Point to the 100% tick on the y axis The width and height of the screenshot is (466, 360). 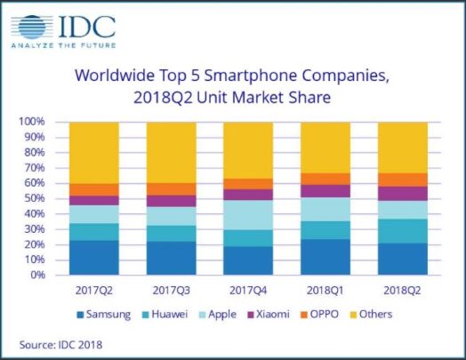(x=33, y=122)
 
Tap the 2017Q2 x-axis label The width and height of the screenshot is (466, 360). (x=94, y=290)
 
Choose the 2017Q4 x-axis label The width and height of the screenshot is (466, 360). (x=248, y=290)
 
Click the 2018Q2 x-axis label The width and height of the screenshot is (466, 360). (x=402, y=290)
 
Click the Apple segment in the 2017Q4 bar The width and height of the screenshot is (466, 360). (x=248, y=214)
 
